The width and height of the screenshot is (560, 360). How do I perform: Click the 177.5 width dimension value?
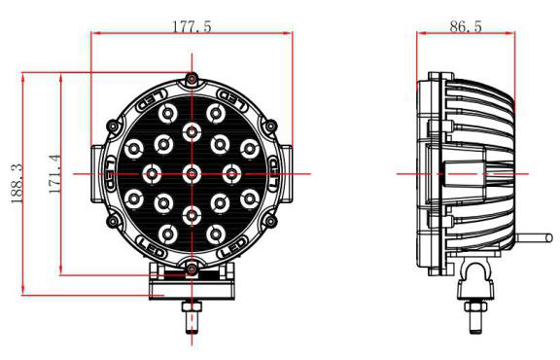(x=192, y=27)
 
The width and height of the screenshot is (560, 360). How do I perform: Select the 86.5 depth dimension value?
(x=466, y=26)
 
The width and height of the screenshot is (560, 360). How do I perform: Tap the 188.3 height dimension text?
(x=17, y=184)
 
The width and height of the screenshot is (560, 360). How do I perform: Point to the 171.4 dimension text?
(x=54, y=174)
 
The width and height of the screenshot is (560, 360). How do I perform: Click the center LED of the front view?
(x=192, y=174)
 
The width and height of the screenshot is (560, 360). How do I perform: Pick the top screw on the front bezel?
(x=192, y=78)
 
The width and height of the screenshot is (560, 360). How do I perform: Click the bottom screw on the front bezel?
(x=192, y=269)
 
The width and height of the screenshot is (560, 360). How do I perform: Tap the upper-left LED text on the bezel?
(x=152, y=100)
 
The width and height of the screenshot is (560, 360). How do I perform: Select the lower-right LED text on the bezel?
(x=232, y=248)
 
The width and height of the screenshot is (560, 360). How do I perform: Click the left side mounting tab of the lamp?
(x=96, y=174)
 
